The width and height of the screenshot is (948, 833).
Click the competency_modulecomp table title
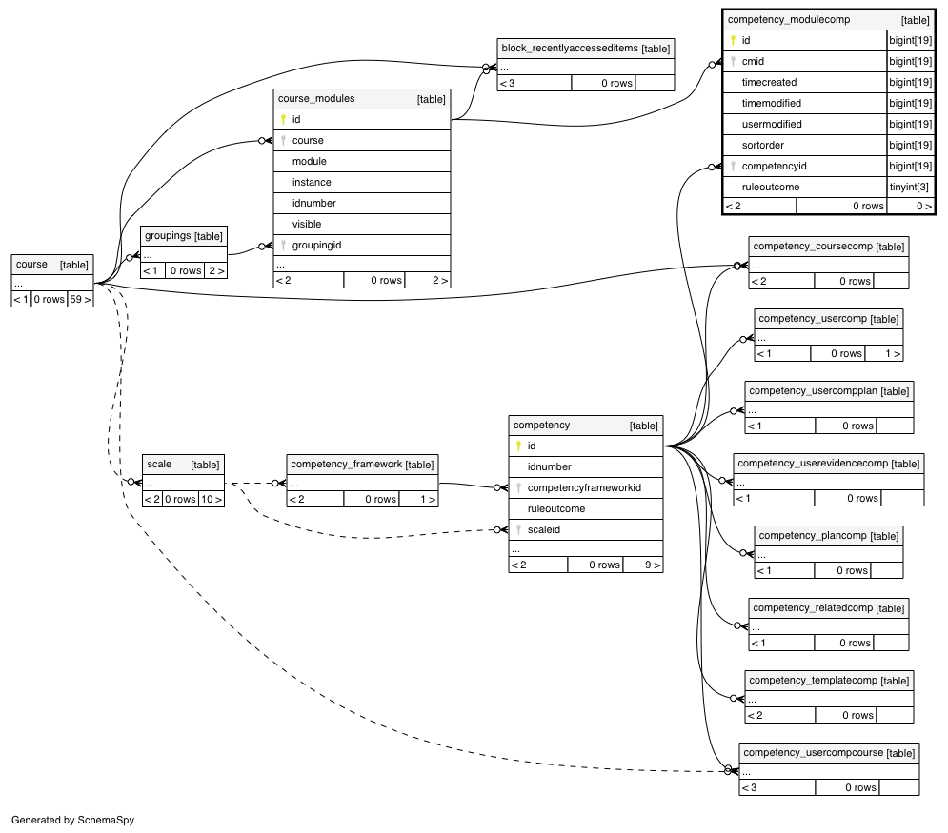tap(788, 20)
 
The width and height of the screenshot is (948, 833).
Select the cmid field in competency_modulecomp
tap(753, 61)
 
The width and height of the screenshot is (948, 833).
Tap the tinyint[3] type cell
tap(909, 187)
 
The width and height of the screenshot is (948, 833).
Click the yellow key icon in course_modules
tap(283, 119)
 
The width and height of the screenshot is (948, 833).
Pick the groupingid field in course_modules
tap(317, 245)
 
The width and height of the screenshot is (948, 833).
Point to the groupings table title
tap(168, 235)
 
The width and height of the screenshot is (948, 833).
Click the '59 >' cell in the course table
tap(80, 299)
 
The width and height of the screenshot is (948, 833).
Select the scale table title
tap(159, 464)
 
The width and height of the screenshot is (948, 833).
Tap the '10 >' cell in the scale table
tap(211, 499)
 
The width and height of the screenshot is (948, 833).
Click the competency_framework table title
tap(347, 464)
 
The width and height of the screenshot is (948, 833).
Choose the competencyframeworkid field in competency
tap(584, 487)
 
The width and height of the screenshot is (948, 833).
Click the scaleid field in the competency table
tap(543, 529)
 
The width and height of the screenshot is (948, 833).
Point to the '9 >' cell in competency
tap(652, 565)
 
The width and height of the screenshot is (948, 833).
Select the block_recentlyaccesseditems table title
tap(570, 49)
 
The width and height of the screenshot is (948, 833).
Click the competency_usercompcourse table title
tap(813, 753)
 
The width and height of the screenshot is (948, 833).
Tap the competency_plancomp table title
tap(813, 536)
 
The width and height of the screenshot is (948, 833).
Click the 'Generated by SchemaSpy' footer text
tap(72, 820)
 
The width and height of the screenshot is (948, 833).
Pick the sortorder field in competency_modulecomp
tap(763, 145)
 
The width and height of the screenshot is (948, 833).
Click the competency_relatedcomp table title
tap(813, 607)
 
